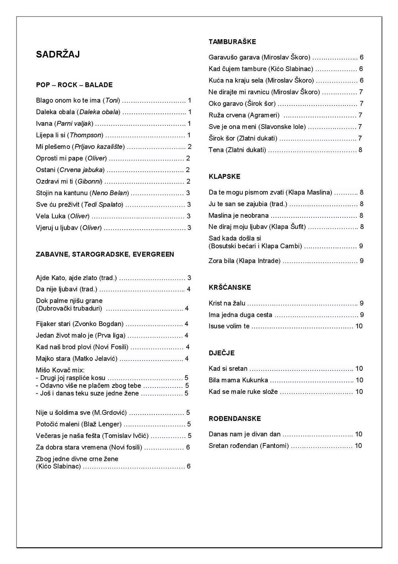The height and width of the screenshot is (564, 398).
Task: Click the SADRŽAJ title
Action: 58,55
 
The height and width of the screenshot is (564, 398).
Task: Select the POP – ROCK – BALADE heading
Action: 74,85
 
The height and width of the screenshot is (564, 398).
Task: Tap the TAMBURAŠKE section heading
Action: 232,42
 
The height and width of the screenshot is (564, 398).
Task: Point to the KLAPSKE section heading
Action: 224,176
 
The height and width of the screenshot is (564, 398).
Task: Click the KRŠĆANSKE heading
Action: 230,288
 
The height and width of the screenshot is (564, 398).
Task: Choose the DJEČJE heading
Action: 221,353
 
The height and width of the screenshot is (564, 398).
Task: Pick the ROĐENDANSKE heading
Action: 234,418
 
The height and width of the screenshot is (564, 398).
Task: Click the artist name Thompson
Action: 86,135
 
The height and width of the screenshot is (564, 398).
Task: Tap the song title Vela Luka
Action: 51,216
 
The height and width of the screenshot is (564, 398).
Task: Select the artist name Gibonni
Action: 90,182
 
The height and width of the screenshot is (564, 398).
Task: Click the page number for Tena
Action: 360,150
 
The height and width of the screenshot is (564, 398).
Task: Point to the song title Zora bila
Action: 221,261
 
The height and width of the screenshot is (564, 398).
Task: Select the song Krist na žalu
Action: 227,303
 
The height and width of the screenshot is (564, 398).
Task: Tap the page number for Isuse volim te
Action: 359,326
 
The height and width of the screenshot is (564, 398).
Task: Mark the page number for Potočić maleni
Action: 189,424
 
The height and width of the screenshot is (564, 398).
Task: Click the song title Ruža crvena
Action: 227,115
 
